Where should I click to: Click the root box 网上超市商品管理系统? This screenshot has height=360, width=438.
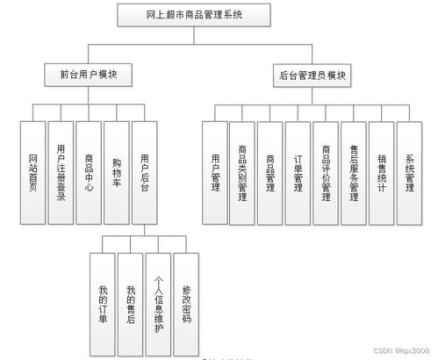[194, 15]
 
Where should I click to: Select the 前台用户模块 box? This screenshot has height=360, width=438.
[89, 76]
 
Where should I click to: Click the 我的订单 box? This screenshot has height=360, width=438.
[103, 303]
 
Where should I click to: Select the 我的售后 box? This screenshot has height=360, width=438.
[130, 303]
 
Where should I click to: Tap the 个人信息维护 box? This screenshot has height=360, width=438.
[158, 303]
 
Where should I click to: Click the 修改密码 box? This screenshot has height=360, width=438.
[186, 303]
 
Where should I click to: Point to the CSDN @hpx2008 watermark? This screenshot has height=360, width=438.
[403, 349]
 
